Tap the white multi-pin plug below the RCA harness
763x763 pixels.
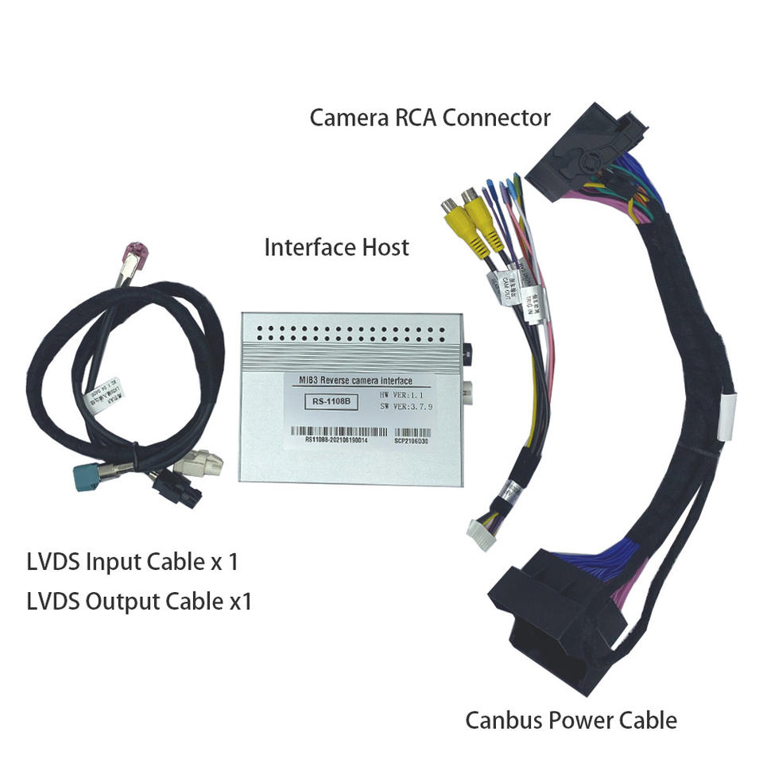(x=486, y=529)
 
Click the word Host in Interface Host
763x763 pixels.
(x=383, y=247)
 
